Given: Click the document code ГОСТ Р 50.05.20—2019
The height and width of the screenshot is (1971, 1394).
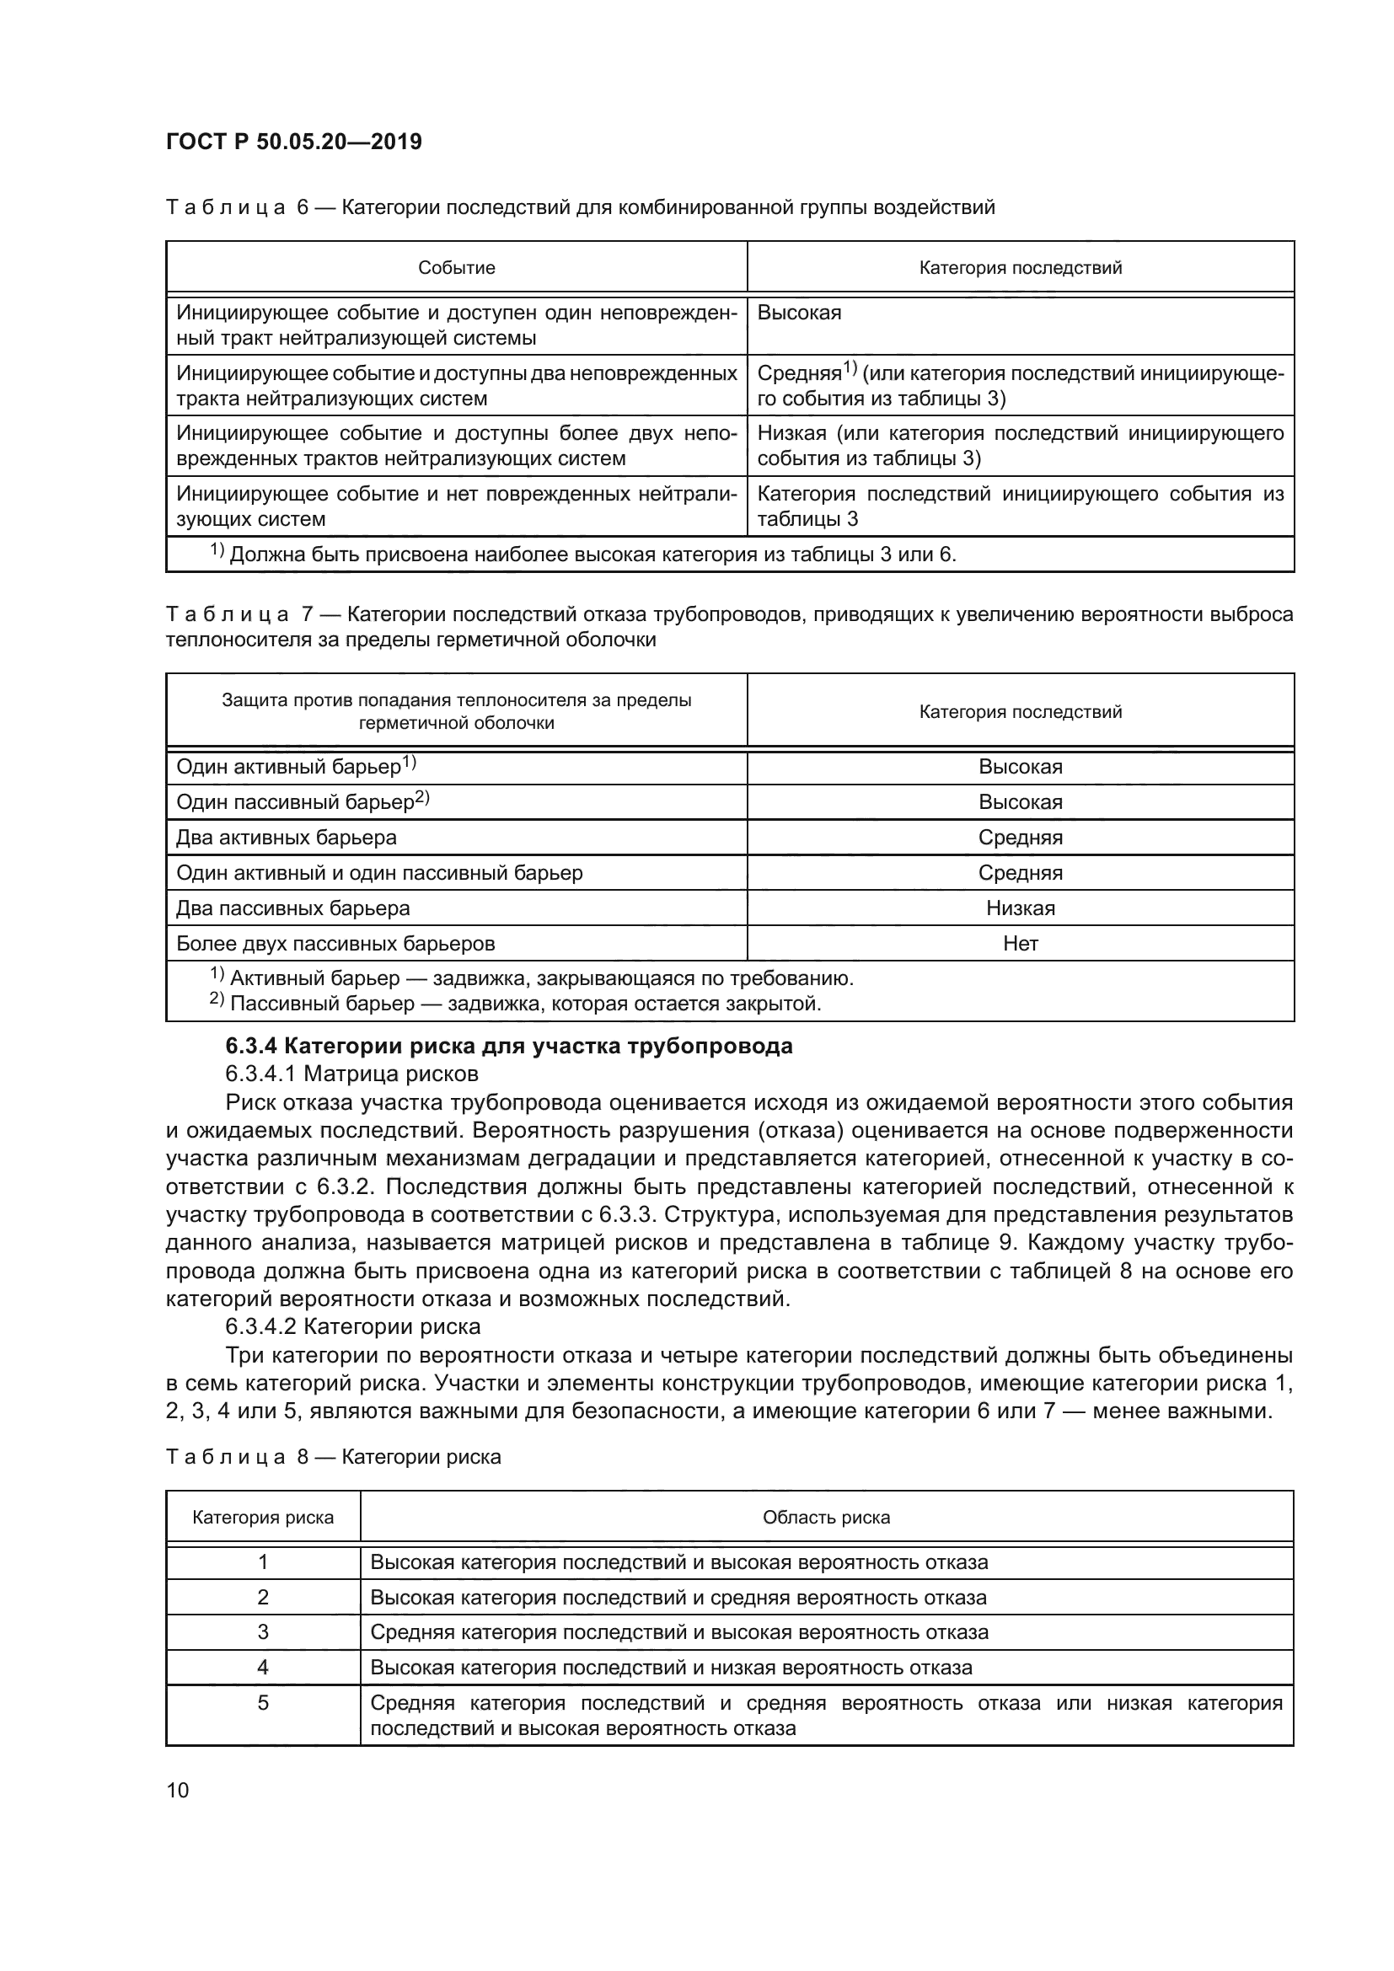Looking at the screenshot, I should pos(293,142).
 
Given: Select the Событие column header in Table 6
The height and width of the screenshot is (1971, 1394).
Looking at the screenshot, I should pos(456,268).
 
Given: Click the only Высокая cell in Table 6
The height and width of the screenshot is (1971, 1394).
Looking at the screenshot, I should pos(799,313).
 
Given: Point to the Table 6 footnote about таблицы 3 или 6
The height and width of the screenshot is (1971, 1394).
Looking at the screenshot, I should pos(584,554).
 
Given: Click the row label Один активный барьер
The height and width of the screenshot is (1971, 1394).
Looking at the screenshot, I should pos(296,767).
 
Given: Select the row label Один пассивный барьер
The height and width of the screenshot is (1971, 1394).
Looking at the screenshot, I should pos(303,801).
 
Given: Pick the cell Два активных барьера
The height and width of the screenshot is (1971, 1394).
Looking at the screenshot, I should pos(286,837).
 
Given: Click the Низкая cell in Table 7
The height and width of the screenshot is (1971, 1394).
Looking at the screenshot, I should pos(1020,908).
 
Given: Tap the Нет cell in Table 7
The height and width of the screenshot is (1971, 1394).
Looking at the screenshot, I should pos(1020,944).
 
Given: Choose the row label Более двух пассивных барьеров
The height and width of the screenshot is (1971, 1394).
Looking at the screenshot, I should pos(335,944).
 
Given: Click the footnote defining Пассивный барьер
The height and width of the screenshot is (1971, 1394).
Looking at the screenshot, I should pos(515,1003).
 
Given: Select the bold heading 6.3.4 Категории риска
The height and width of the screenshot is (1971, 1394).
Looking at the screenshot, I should pos(508,1046).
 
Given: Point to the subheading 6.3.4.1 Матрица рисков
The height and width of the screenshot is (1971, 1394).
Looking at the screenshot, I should pos(352,1074).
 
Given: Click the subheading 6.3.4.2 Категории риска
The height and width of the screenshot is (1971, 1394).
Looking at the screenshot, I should pos(353,1326).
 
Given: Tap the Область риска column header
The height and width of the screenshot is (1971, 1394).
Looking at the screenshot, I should pos(826,1518).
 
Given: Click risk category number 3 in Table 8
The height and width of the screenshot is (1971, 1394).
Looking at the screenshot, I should pos(263,1632).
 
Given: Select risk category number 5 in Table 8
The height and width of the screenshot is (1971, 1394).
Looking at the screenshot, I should pos(263,1702).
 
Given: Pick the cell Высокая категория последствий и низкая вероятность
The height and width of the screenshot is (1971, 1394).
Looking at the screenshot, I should pos(670,1667).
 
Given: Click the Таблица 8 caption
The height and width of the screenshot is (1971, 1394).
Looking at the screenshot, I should pos(333,1457).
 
